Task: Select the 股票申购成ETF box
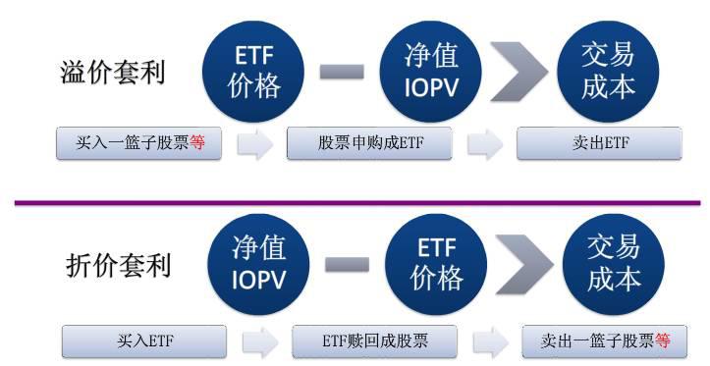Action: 369,144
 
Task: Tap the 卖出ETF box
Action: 599,144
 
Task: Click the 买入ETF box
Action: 142,341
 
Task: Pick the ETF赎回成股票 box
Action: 374,341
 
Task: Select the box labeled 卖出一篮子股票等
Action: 605,341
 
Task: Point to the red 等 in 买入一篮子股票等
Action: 197,144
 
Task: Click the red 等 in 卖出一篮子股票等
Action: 663,341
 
